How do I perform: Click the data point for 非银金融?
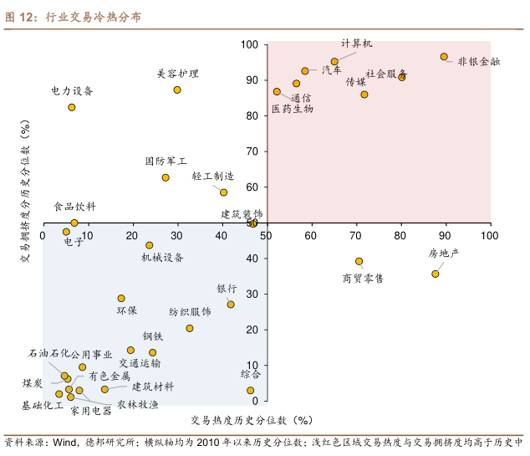click(444, 57)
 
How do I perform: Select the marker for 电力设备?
click(72, 107)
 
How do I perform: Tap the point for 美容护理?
click(177, 90)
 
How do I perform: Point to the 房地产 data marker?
click(436, 274)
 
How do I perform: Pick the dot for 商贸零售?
click(359, 261)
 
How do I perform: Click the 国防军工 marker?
click(166, 177)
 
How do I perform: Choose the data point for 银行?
click(231, 305)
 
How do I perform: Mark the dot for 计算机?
click(334, 61)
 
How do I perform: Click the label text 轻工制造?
click(212, 177)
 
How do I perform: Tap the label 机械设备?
click(163, 258)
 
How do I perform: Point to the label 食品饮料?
click(74, 206)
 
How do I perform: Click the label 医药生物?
click(293, 109)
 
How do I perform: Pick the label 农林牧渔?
click(137, 404)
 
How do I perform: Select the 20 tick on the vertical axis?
click(253, 330)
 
